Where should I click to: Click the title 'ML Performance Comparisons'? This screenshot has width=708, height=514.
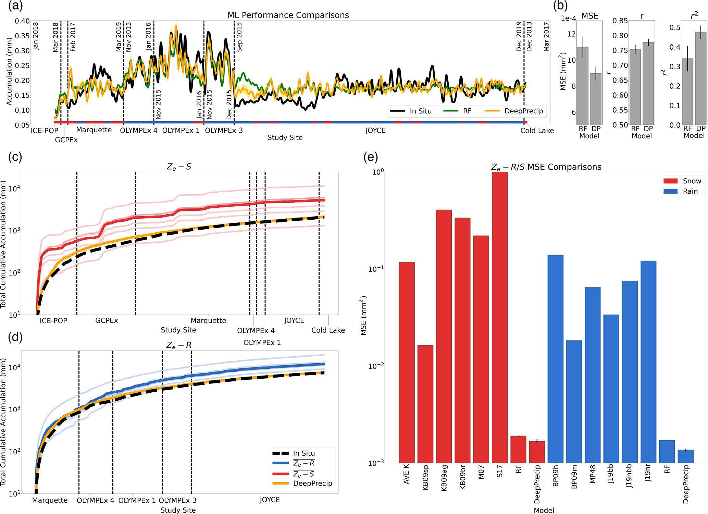tap(288, 15)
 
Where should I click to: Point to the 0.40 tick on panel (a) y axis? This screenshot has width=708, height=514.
tap(22, 21)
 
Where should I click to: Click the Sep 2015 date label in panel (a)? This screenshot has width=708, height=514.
tap(239, 37)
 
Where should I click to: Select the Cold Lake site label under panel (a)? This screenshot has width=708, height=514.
tap(537, 131)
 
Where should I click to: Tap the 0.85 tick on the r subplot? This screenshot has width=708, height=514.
tap(620, 21)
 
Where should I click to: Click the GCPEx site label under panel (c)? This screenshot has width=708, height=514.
tap(107, 320)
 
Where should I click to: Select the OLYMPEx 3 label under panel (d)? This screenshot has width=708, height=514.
tap(177, 500)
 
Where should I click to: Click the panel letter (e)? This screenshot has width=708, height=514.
tap(371, 157)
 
